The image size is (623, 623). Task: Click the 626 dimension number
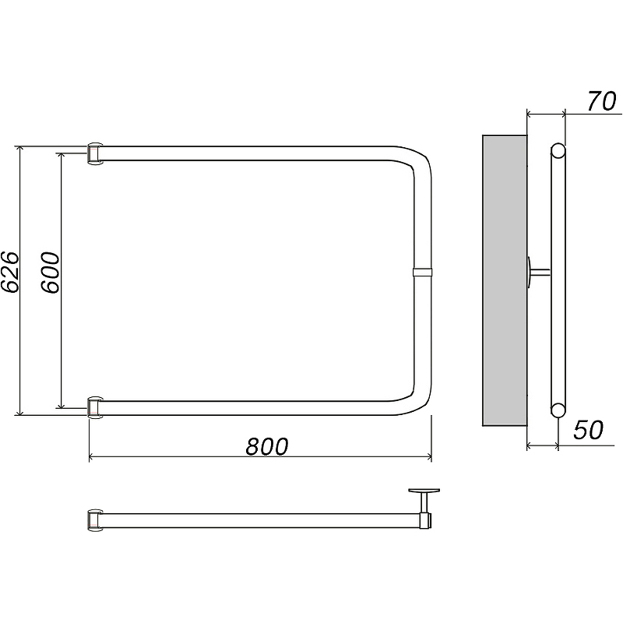9,272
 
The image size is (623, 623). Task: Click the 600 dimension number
51,272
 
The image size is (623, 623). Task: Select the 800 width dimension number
266,446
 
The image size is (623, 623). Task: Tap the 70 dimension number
601,101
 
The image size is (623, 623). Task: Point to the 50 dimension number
588,430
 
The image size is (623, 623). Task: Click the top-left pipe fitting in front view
94,153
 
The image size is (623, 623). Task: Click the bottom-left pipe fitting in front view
94,407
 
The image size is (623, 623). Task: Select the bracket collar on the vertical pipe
422,272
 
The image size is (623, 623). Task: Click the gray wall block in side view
505,280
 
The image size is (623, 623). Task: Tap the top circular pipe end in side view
558,151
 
